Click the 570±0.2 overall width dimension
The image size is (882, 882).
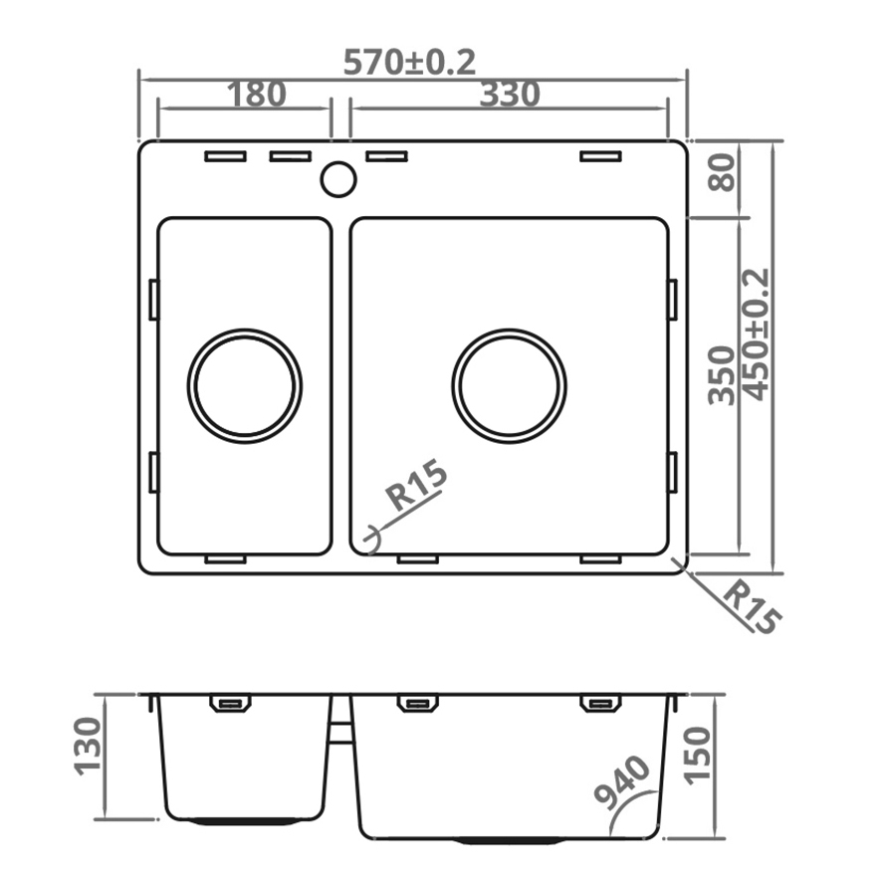click(409, 62)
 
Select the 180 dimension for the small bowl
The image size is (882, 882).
click(257, 95)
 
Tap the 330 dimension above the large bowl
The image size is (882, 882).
click(510, 95)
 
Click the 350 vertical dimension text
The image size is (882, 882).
click(724, 374)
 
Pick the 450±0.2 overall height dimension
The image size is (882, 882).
click(757, 334)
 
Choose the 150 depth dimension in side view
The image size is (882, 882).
click(700, 755)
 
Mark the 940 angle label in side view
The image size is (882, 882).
click(623, 781)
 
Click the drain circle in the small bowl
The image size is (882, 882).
click(246, 384)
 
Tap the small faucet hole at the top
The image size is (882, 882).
click(338, 178)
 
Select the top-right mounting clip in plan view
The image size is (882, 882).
click(601, 156)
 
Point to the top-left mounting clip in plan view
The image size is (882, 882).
click(226, 156)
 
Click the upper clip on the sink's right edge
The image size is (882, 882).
click(673, 300)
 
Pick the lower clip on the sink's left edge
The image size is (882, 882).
click(153, 472)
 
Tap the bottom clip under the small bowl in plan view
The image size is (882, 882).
click(226, 559)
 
